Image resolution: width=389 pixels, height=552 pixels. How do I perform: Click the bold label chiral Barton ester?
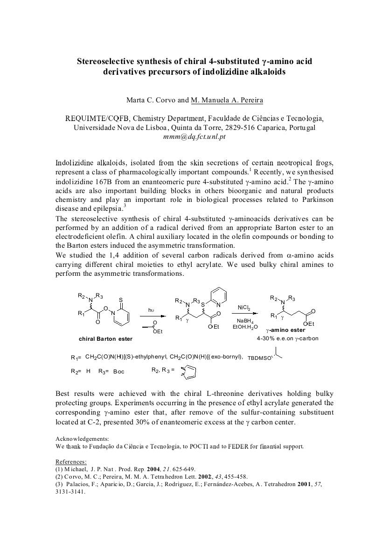(105, 339)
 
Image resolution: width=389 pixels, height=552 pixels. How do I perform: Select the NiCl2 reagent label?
(244, 308)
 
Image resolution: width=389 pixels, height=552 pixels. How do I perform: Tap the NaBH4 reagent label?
(245, 321)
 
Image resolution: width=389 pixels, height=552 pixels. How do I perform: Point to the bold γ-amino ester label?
(285, 330)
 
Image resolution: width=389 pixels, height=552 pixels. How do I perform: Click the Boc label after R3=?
(119, 372)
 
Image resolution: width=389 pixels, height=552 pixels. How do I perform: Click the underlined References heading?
(71, 462)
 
